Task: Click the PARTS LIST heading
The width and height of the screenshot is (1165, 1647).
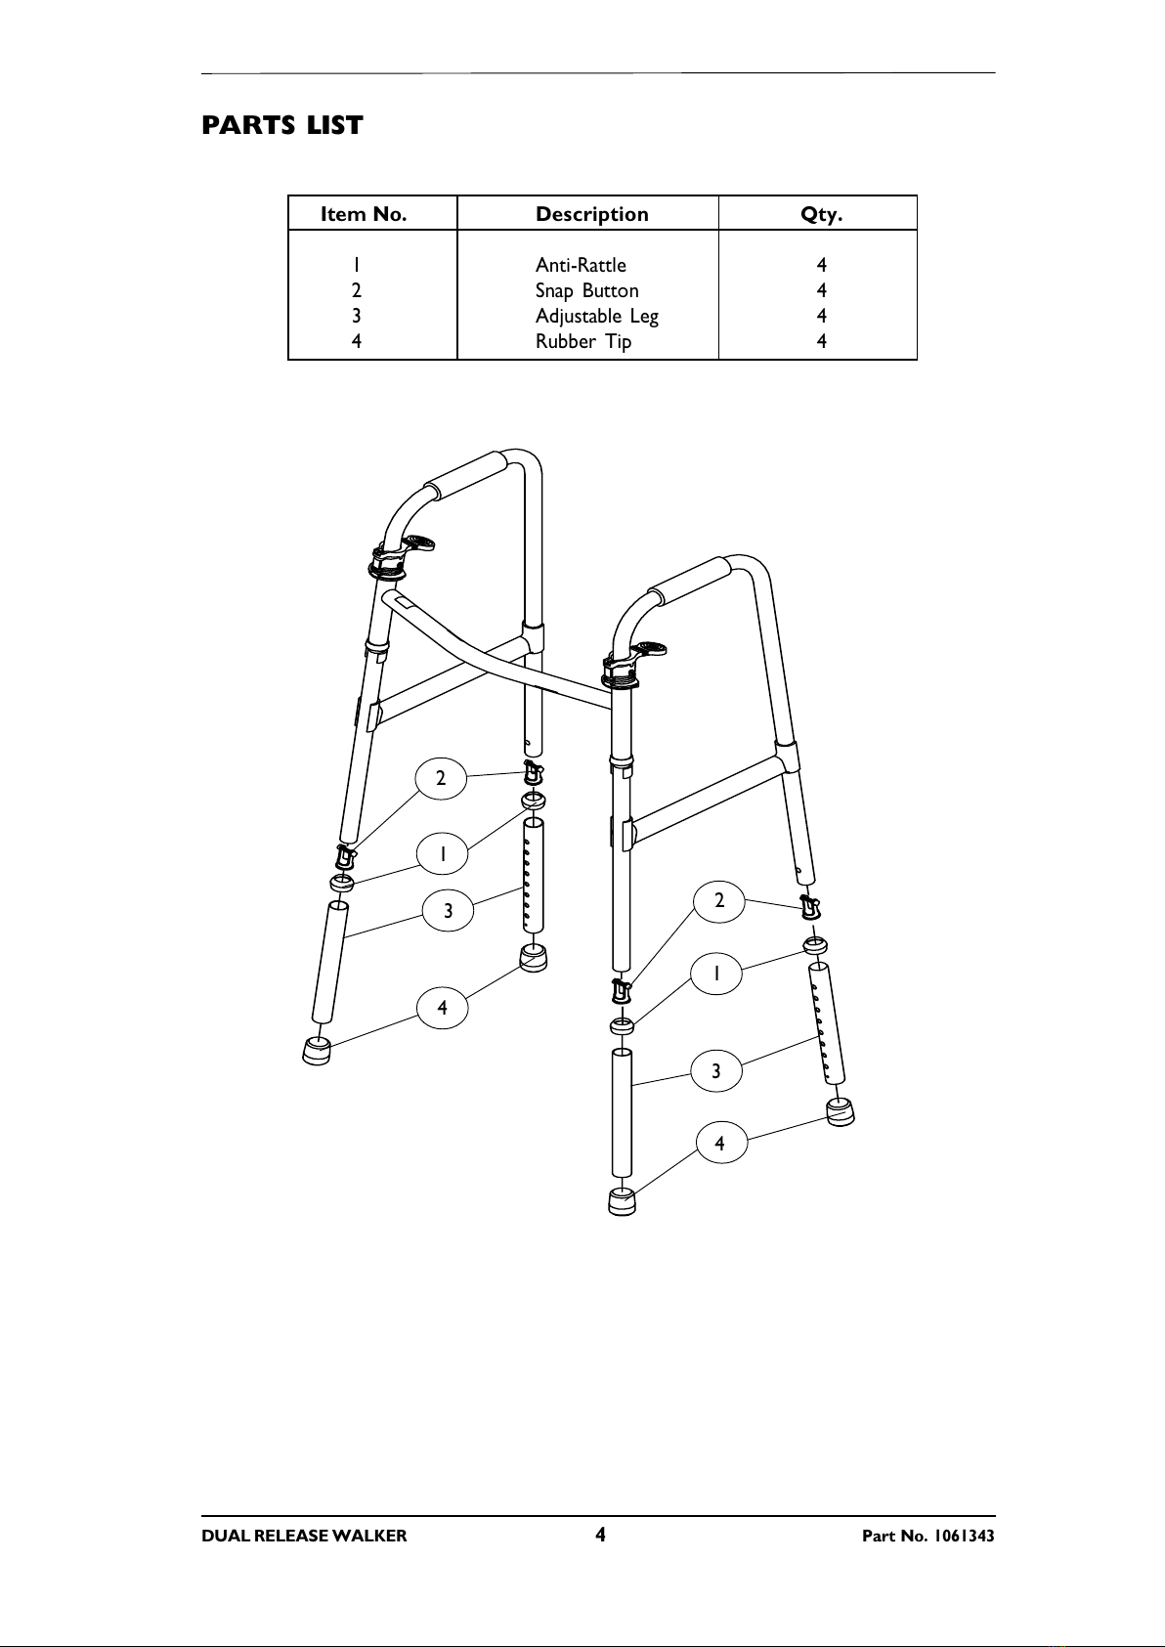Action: point(281,126)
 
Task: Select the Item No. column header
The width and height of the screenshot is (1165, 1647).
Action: point(364,214)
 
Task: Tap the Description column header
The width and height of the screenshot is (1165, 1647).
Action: point(591,214)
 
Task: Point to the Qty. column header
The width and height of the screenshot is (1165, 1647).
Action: point(821,214)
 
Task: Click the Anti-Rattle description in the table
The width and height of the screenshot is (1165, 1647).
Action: point(581,265)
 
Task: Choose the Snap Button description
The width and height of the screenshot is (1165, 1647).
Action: point(586,290)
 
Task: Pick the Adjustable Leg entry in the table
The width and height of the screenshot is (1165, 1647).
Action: point(596,316)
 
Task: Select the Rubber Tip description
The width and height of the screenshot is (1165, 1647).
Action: point(582,341)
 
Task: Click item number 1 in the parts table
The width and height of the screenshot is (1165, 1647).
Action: point(358,265)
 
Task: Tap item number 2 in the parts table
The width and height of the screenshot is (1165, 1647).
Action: point(358,290)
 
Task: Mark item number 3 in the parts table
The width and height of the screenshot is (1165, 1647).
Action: point(358,316)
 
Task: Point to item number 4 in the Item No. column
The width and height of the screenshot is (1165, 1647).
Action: point(358,341)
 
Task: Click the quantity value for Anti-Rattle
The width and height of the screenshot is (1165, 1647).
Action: point(822,265)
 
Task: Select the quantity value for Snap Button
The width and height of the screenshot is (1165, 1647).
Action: point(822,290)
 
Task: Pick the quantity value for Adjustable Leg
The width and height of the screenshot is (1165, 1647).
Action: point(822,316)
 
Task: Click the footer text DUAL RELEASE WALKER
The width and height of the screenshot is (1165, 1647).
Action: point(304,1536)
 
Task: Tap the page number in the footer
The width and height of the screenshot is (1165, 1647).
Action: point(600,1535)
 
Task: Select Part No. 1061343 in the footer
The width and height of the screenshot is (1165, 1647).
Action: point(928,1536)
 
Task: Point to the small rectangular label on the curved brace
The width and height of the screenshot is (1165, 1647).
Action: point(405,604)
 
